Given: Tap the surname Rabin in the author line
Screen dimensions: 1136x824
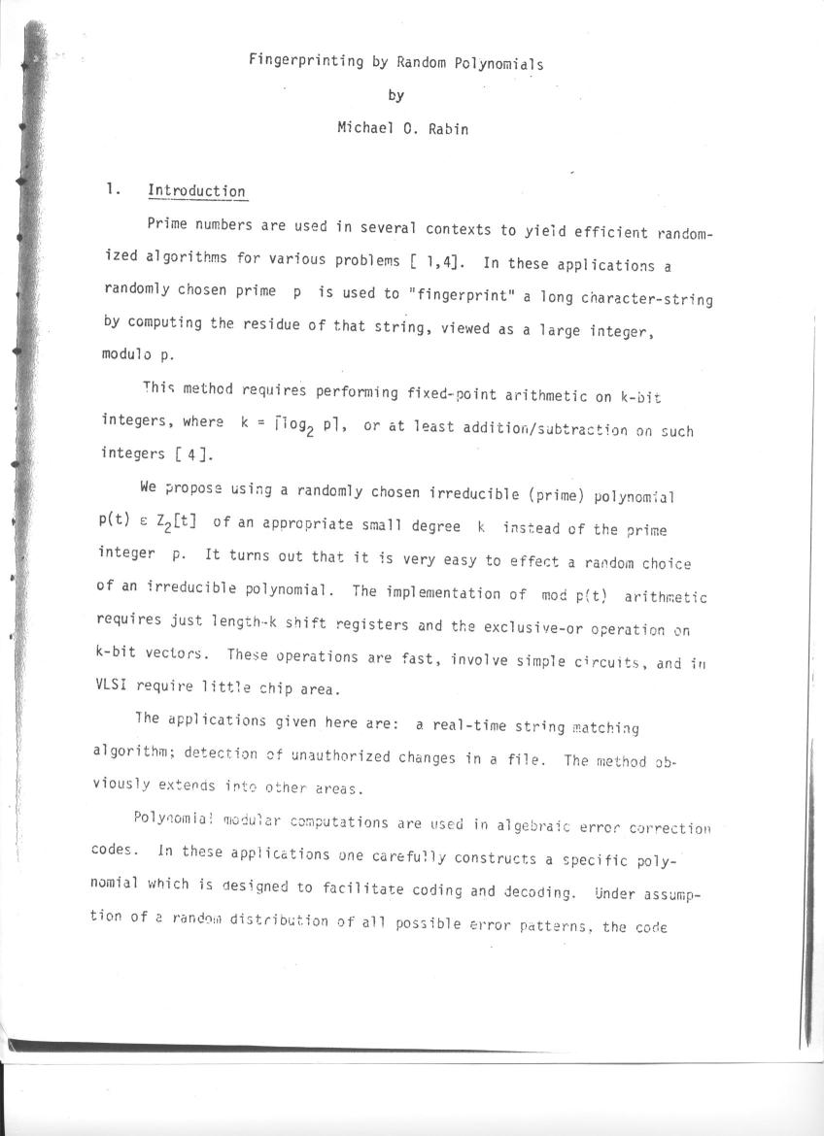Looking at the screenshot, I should [x=448, y=128].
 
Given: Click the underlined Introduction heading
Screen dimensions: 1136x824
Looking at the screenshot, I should [x=196, y=191].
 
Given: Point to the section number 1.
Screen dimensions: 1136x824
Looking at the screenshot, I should [x=114, y=190].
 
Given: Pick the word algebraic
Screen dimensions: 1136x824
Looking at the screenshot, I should [x=539, y=826].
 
